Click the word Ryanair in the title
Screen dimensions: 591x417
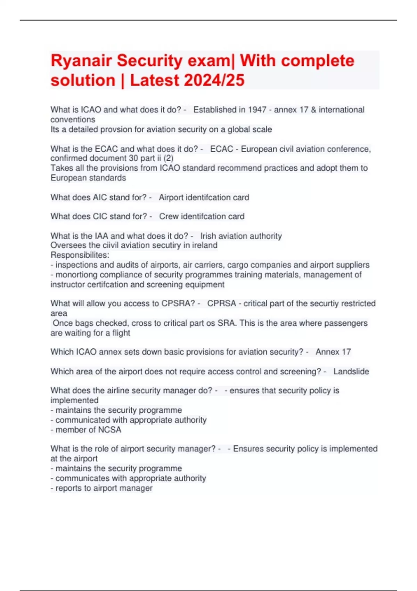tap(81, 61)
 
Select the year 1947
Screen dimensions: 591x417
tap(257, 110)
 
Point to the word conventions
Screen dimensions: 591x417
tap(73, 120)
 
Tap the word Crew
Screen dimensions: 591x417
tap(169, 216)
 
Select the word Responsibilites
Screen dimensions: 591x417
tap(80, 255)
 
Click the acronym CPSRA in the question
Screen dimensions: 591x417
tap(178, 303)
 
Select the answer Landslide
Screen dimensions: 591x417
tap(351, 371)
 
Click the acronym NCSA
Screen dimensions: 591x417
tap(109, 430)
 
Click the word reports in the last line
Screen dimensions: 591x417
tap(67, 488)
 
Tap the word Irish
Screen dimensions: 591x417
tap(208, 236)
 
